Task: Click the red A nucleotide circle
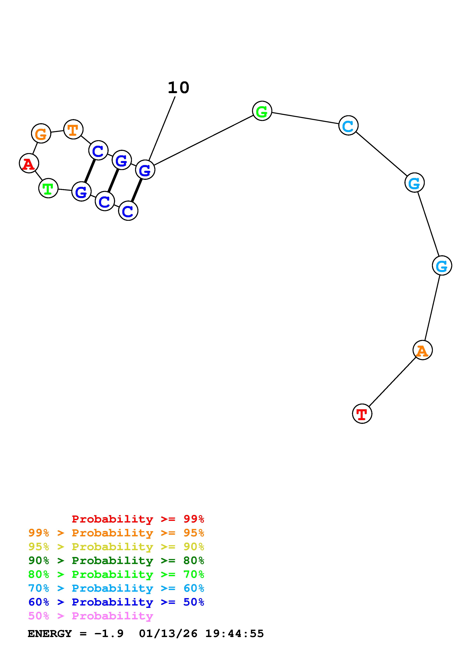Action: [x=29, y=163]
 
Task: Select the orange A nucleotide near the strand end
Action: [x=423, y=350]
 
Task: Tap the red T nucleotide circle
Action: [x=362, y=414]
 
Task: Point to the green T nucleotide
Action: [x=48, y=188]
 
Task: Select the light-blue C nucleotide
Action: [x=348, y=125]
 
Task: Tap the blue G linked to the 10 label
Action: [x=145, y=170]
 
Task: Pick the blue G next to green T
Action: [x=81, y=192]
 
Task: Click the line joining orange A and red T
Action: [x=392, y=382]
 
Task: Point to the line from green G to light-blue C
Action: [x=305, y=118]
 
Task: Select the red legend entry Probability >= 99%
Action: [x=138, y=519]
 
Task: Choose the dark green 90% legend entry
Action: [x=116, y=560]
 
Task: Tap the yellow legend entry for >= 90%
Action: [x=116, y=547]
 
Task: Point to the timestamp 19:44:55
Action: [x=234, y=634]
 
